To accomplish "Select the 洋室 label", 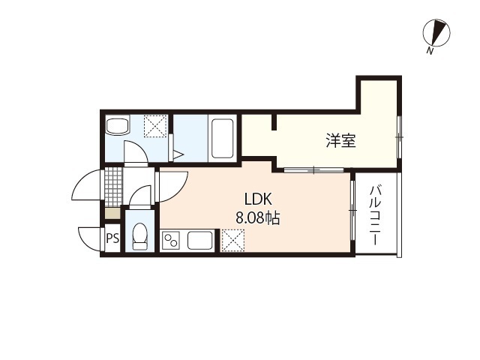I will point(340,140).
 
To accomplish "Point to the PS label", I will point(112,240).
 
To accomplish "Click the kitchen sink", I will point(201,241).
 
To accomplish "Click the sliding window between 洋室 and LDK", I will point(315,169).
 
